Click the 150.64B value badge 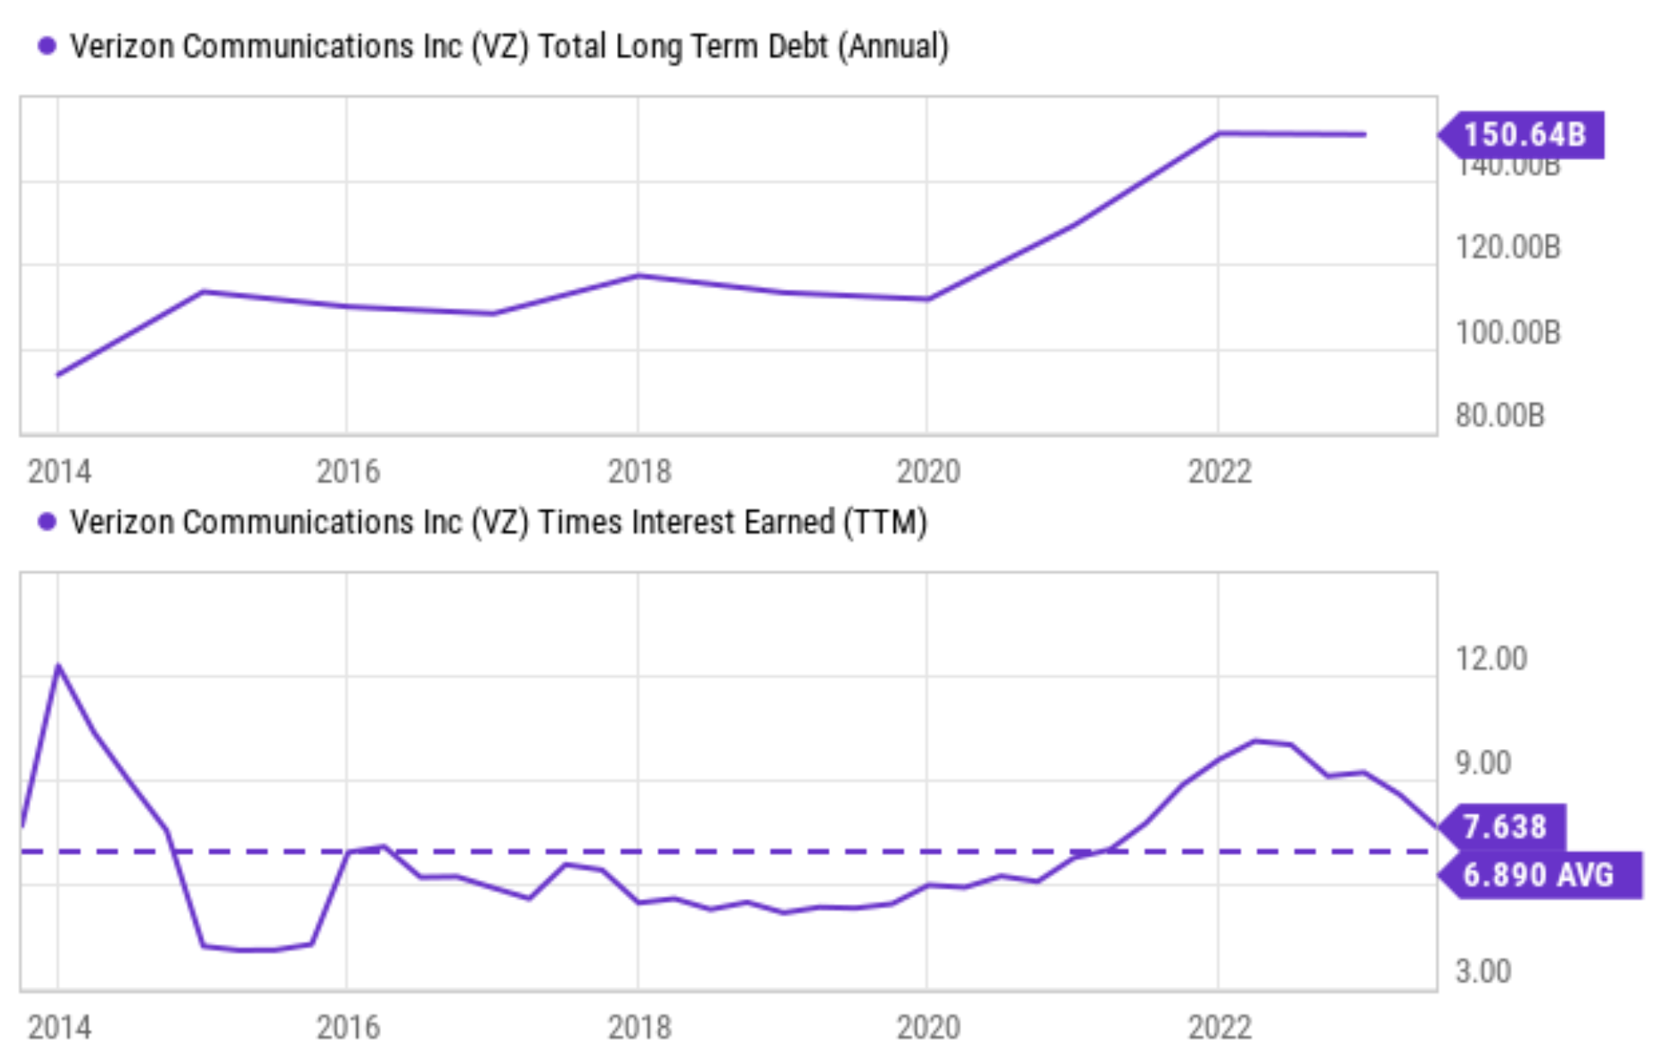click(x=1523, y=135)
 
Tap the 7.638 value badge click(x=1504, y=827)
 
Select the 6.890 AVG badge click(x=1539, y=875)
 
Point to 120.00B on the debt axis click(x=1508, y=247)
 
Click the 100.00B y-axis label click(x=1508, y=332)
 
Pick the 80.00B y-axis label click(x=1499, y=415)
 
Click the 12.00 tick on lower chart click(x=1491, y=659)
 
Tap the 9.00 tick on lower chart click(x=1482, y=763)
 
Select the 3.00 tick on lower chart click(x=1482, y=972)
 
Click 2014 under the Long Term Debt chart click(x=59, y=471)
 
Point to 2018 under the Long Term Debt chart click(x=639, y=471)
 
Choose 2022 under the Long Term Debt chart click(x=1219, y=471)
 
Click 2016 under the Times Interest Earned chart click(x=348, y=1027)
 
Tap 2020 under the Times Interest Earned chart click(x=928, y=1027)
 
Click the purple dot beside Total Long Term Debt click(x=47, y=46)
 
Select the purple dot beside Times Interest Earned click(x=47, y=522)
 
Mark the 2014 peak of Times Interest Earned click(x=58, y=665)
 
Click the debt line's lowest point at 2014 click(x=58, y=374)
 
